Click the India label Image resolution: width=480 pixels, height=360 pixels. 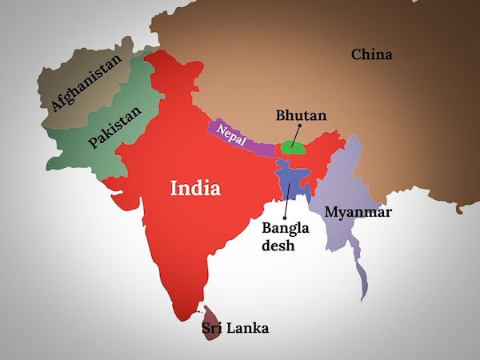pos(195,188)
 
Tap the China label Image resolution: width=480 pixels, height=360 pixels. pos(372,54)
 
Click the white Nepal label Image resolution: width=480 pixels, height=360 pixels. pos(232,134)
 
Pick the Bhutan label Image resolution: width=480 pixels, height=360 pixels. pos(301,117)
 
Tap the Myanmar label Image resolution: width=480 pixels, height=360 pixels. pos(357,213)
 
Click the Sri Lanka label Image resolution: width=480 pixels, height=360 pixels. pos(235,328)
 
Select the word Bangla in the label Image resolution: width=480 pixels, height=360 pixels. pos(284,228)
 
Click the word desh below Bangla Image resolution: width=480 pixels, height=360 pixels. pos(279,246)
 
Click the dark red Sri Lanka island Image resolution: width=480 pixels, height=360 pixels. pos(210,322)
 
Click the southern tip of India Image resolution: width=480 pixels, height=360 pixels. pos(190,314)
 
